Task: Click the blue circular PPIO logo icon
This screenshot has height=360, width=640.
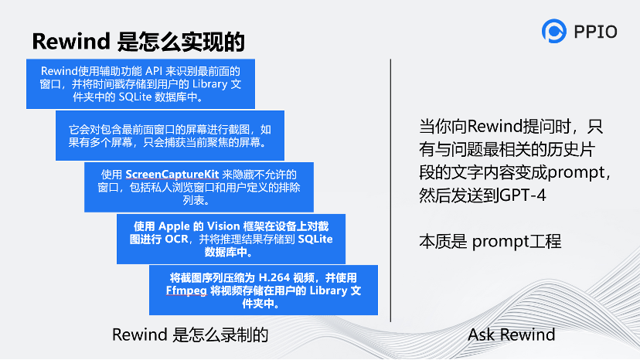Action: coord(554,31)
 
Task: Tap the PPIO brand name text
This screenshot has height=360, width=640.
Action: coord(596,32)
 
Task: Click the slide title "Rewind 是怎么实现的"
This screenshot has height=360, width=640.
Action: coord(138,41)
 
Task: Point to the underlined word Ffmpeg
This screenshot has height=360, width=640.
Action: coord(183,291)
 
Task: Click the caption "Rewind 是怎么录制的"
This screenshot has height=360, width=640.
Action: coord(190,335)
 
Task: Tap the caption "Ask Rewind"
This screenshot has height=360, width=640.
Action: coord(512,335)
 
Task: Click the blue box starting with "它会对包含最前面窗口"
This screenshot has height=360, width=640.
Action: coord(171,135)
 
